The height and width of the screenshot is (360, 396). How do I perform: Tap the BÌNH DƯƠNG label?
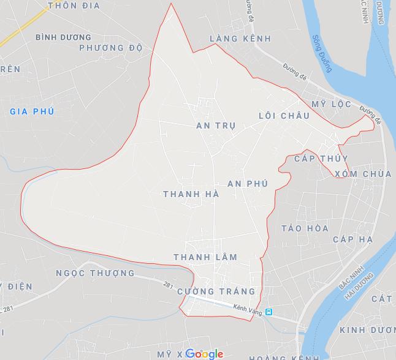63,37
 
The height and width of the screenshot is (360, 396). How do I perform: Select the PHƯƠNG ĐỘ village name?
111,48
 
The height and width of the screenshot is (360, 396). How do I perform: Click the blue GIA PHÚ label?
32,111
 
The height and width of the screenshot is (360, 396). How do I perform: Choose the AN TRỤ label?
216,126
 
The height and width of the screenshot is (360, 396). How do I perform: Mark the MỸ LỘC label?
332,104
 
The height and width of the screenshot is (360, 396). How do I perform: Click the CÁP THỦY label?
321,159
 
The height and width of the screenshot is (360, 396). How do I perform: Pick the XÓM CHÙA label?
363,174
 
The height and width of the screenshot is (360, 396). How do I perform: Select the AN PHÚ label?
248,184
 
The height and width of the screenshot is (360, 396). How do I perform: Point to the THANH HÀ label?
191,194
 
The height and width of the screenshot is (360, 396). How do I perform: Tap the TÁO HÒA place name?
305,228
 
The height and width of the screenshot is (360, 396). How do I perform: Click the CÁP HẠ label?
353,239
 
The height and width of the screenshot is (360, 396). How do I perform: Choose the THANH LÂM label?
205,257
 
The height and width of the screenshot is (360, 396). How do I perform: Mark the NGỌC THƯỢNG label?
95,272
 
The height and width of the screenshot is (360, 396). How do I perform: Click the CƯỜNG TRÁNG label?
216,291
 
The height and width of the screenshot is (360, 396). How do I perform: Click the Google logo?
204,354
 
